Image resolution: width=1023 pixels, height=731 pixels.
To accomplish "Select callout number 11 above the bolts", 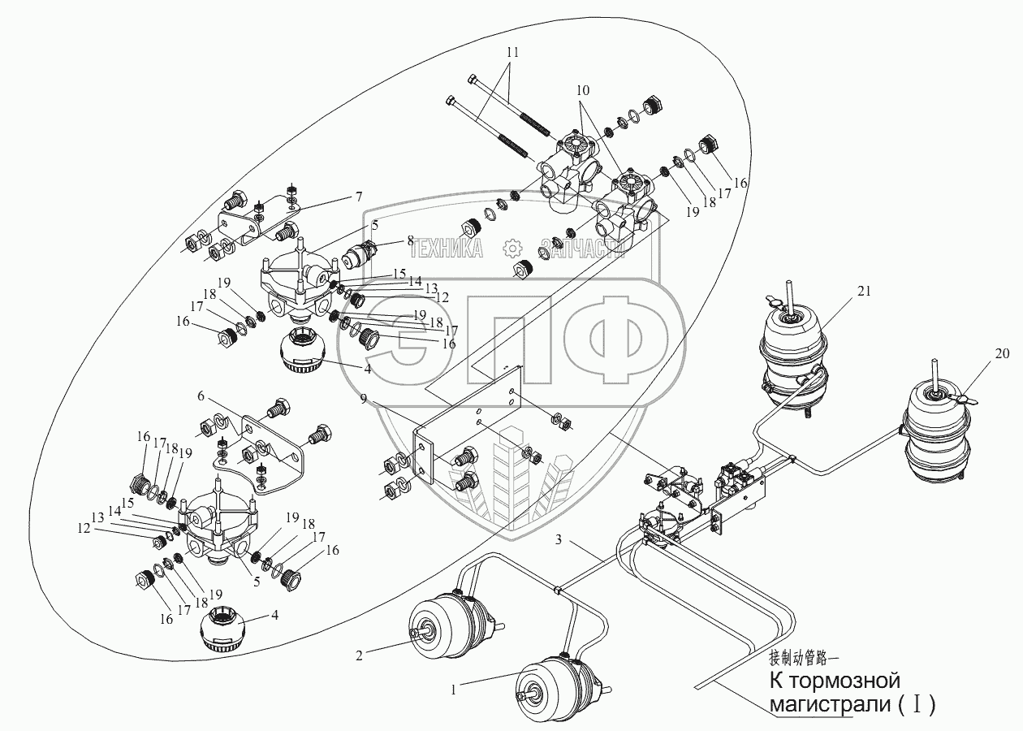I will tap(511, 51).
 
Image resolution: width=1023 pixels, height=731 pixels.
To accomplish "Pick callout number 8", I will tap(410, 240).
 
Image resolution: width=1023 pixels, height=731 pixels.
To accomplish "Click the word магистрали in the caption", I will tap(829, 705).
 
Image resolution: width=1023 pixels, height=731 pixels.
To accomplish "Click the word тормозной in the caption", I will tap(855, 679).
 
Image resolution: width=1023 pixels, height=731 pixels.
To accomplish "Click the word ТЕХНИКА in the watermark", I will tap(451, 249).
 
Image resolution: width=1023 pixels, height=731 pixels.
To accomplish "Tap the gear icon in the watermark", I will tap(511, 249).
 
